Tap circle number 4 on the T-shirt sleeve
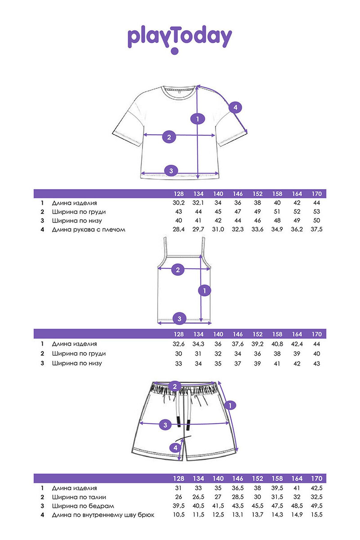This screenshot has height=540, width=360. (x=235, y=107)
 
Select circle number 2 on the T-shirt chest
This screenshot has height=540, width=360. (x=169, y=137)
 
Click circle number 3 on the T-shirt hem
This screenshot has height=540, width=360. (x=171, y=171)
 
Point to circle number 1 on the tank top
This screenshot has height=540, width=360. (x=205, y=290)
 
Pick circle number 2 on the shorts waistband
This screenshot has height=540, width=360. (x=175, y=386)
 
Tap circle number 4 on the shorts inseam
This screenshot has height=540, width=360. (x=175, y=448)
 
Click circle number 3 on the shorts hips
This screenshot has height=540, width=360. (x=165, y=424)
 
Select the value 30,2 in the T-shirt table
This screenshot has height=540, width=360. (x=178, y=203)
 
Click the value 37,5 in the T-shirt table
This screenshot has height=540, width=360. (x=316, y=229)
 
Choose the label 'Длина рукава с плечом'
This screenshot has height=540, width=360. (x=88, y=230)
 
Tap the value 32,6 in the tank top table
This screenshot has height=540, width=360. (x=178, y=344)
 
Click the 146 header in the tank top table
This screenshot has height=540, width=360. (x=238, y=334)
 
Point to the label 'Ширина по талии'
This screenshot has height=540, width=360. (x=79, y=497)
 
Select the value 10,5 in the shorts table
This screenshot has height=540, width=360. (x=178, y=515)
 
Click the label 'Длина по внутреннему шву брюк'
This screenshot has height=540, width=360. (x=103, y=515)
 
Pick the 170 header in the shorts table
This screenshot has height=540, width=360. (x=316, y=478)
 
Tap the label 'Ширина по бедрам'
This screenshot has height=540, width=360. (x=83, y=506)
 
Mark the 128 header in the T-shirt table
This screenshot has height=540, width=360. (x=178, y=194)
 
